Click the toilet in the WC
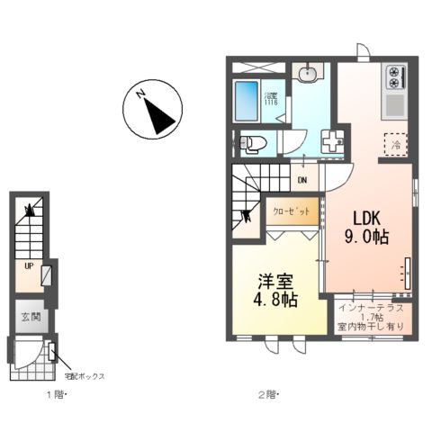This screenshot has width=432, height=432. (x=255, y=142)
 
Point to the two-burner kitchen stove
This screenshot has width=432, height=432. (x=397, y=80)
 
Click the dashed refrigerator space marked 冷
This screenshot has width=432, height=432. (x=394, y=142)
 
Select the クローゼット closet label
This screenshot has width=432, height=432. (x=293, y=211)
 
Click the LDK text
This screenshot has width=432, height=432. (x=369, y=219)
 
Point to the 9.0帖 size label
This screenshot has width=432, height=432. (x=369, y=238)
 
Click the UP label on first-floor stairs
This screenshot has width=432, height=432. (x=30, y=266)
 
